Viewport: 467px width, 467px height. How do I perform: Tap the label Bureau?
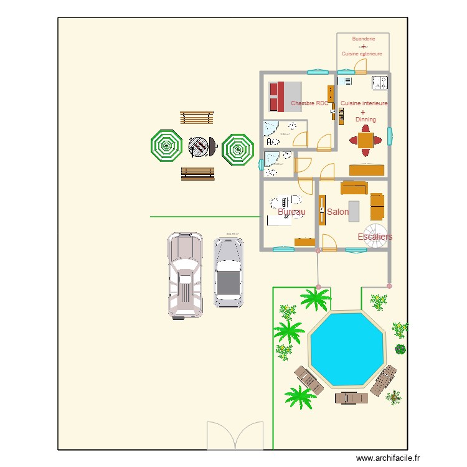pyautogui.click(x=291, y=212)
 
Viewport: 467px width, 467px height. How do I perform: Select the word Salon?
pyautogui.click(x=337, y=212)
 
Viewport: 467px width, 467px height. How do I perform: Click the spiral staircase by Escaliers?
pyautogui.click(x=376, y=237)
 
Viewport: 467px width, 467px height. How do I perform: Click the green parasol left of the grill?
pyautogui.click(x=166, y=147)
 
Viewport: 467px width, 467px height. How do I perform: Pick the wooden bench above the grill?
pyautogui.click(x=197, y=118)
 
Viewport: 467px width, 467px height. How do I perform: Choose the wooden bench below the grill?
pyautogui.click(x=197, y=173)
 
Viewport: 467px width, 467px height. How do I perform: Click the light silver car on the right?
pyautogui.click(x=229, y=273)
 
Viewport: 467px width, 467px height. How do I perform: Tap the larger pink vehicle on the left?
pyautogui.click(x=185, y=275)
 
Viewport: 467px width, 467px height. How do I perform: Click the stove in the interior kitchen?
pyautogui.click(x=379, y=82)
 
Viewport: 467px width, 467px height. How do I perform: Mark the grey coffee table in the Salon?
pyautogui.click(x=354, y=210)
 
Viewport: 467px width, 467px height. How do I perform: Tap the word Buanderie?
pyautogui.click(x=363, y=39)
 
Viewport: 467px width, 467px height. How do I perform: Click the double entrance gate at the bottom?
pyautogui.click(x=235, y=435)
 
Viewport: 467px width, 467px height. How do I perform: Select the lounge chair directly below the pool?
pyautogui.click(x=351, y=397)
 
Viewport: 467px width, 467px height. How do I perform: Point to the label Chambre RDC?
pyautogui.click(x=309, y=103)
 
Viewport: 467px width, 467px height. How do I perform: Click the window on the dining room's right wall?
pyautogui.click(x=390, y=136)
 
